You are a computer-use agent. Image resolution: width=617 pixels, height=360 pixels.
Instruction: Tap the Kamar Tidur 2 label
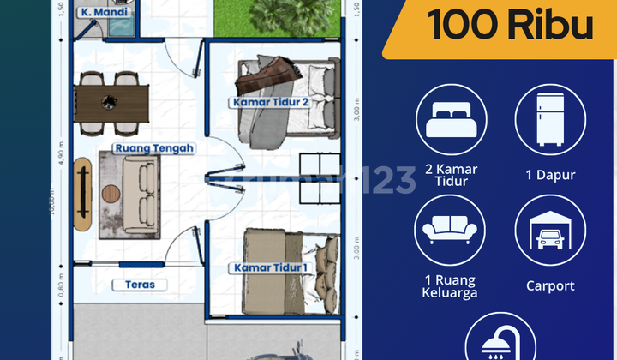(x=269, y=102)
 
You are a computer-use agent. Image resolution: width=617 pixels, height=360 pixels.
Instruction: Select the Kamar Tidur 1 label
(x=268, y=268)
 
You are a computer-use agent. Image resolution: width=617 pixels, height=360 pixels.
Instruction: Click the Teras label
(x=140, y=285)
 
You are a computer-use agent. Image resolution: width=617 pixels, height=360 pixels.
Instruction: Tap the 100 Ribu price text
(x=511, y=26)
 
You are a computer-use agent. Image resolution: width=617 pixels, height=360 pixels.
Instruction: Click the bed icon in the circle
(x=451, y=118)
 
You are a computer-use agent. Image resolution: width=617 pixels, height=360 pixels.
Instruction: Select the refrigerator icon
(x=549, y=118)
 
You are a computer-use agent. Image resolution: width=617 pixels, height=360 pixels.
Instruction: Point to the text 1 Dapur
(x=550, y=175)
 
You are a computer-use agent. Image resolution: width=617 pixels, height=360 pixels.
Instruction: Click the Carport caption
(x=550, y=286)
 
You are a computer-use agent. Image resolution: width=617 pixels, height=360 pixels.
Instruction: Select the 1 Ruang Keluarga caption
(x=451, y=286)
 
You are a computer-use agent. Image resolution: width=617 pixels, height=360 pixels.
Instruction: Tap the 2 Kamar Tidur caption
(x=451, y=175)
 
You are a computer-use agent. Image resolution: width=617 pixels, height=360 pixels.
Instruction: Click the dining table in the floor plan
(x=111, y=102)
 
